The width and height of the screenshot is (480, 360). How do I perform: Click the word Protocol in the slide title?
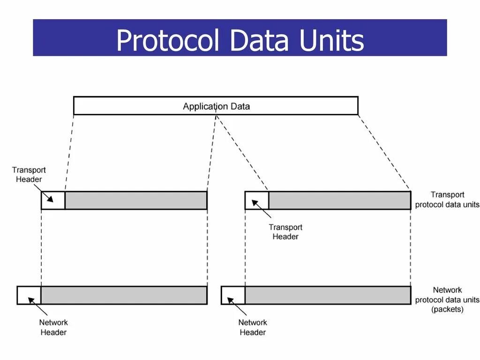pos(167,40)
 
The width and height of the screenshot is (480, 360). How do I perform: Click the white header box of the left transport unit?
pos(53,200)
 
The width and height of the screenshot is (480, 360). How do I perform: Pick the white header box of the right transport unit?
pos(257,200)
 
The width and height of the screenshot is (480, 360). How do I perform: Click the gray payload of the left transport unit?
pos(136,200)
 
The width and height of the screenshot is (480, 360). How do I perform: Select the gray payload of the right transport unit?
pos(339,200)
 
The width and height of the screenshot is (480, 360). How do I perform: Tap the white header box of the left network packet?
pos(29,295)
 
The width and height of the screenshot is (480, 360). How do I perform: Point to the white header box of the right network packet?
pos(233,295)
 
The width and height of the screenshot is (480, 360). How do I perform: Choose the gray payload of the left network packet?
pos(124,295)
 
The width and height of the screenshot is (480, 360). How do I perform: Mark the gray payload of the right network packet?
pos(328,295)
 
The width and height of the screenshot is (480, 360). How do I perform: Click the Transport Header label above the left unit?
pos(29,174)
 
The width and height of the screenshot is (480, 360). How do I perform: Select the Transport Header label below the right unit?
pos(285,232)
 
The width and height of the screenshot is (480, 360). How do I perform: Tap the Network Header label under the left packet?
pos(53,327)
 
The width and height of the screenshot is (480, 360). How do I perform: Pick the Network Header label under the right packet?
pos(253,327)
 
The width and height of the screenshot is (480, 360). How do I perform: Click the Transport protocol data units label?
pos(447,200)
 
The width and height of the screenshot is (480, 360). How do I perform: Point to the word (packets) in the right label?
pos(447,309)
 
